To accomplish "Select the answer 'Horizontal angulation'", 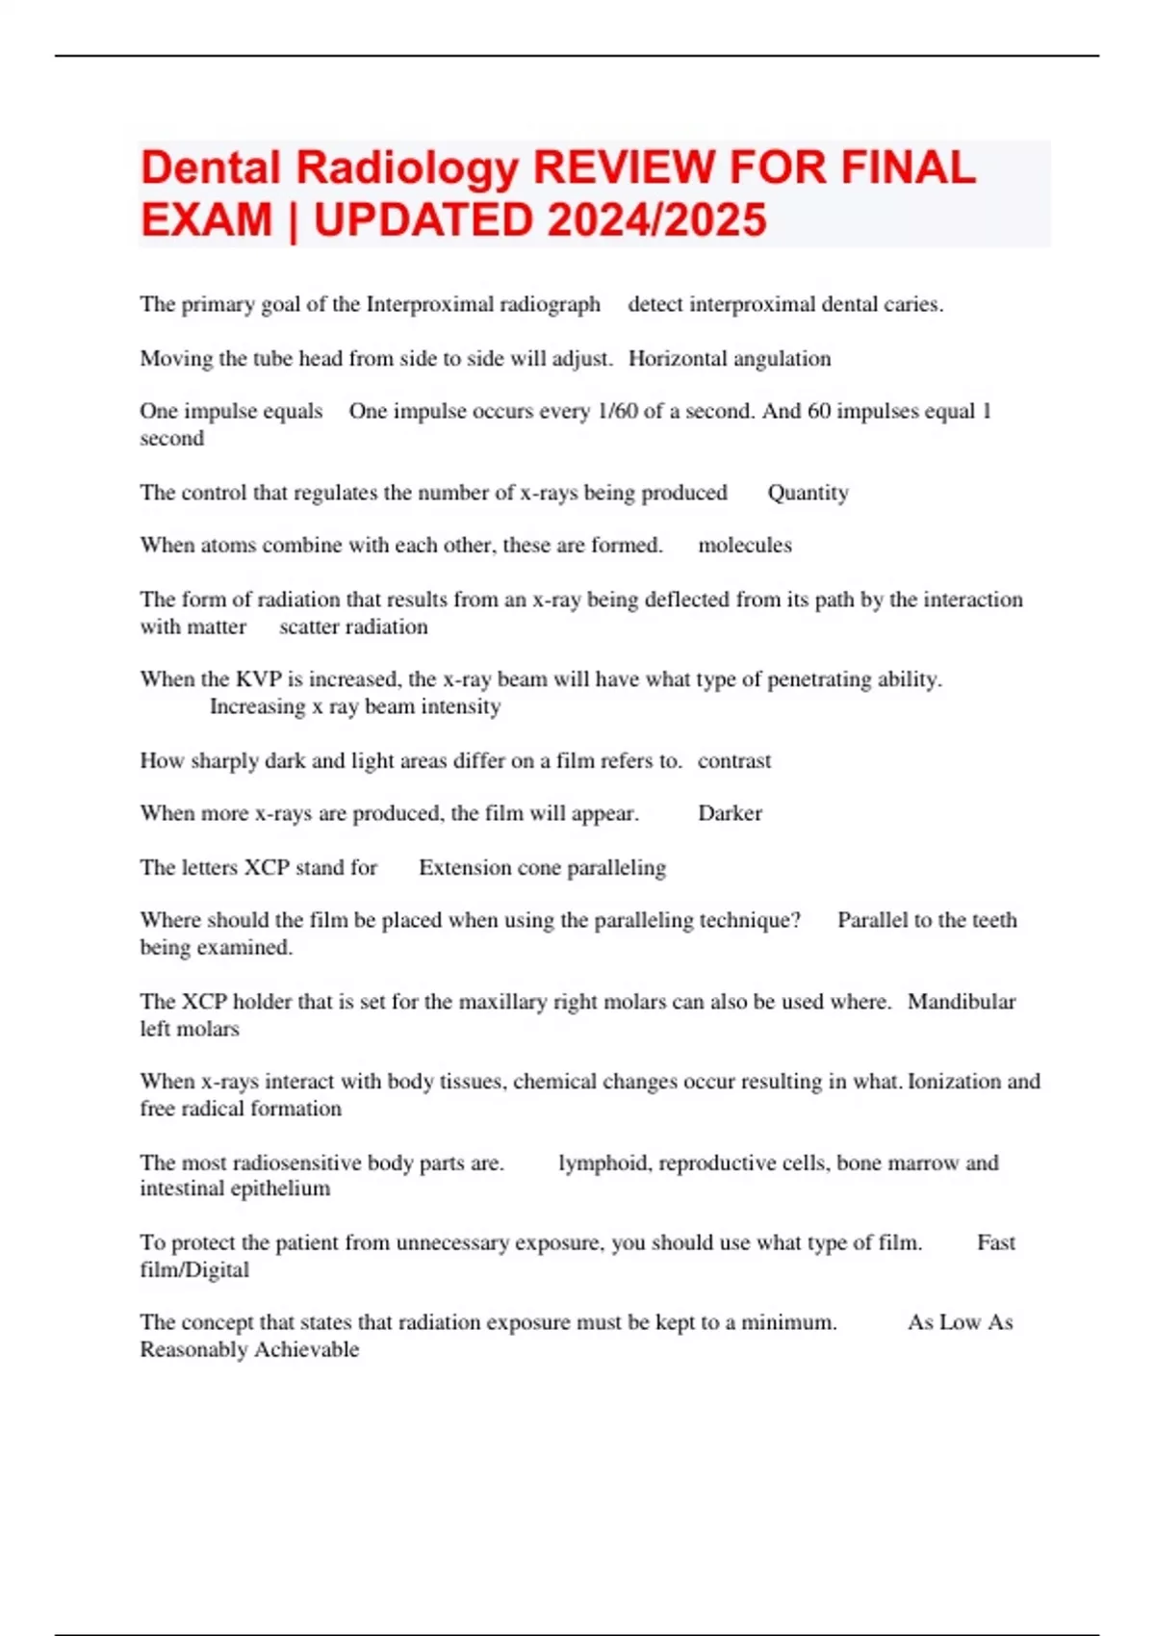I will point(730,359).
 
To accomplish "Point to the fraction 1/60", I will point(617,412).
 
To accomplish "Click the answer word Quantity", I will point(808,493).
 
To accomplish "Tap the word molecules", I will point(745,546).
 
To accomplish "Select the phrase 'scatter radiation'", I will point(353,627).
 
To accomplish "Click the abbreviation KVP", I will point(258,679).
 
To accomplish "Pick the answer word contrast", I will point(734,761).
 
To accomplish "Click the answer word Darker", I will point(730,814).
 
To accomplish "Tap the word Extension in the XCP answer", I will point(464,868).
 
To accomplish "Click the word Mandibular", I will point(962,1002).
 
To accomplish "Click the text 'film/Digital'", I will point(194,1270).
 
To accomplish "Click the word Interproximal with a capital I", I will point(429,305).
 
